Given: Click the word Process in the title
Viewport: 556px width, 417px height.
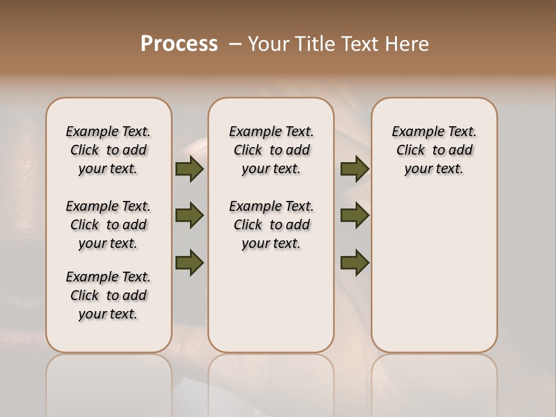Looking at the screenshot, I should coord(179,44).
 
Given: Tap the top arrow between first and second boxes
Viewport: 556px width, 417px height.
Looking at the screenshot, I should coord(189,169).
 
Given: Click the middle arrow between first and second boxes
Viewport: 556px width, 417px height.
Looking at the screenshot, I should coord(189,216).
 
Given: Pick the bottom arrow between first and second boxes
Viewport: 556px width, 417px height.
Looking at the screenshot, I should coord(189,263).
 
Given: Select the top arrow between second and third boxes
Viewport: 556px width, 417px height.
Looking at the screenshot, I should coord(354,169).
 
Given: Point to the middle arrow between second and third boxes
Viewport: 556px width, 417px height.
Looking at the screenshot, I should coord(354,216).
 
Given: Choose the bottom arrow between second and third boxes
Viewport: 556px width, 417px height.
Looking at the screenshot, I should coord(354,263).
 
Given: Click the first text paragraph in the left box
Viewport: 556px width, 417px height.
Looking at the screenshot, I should coord(108,150).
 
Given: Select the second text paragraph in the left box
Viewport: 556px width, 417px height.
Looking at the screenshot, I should coord(108,225).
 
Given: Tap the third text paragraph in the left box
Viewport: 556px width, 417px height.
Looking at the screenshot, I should coord(108,295).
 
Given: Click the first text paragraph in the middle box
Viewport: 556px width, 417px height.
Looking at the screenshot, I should coord(271,150).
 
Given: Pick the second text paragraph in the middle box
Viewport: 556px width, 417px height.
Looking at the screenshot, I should coord(271,225).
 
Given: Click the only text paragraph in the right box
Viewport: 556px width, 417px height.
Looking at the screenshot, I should coord(434,150).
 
